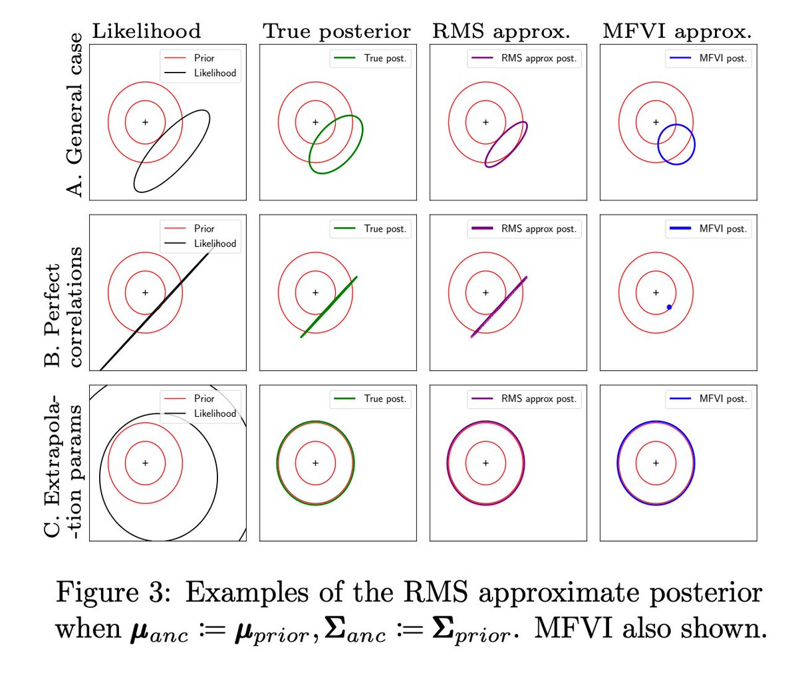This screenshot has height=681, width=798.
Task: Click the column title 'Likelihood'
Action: tap(146, 31)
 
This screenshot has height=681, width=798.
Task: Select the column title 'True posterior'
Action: tap(336, 31)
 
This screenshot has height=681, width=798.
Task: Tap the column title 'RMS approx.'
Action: tap(501, 31)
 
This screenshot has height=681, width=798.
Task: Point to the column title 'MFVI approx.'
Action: tap(677, 31)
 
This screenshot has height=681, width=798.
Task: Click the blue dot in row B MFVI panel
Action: tap(669, 307)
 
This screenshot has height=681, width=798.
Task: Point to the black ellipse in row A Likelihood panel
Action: tap(172, 151)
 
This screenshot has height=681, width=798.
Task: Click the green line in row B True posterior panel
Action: tap(329, 306)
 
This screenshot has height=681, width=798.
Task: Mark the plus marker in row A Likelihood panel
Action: tap(145, 122)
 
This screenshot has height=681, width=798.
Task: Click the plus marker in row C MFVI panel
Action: tap(656, 463)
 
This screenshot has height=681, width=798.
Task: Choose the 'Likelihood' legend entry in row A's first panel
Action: tap(214, 73)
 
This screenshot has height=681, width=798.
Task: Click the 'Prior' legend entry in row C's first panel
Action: tap(203, 399)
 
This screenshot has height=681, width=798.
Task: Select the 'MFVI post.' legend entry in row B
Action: tap(722, 229)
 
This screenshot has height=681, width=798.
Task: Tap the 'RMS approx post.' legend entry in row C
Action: tap(538, 399)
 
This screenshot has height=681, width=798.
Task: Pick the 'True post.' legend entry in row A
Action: tap(384, 59)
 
